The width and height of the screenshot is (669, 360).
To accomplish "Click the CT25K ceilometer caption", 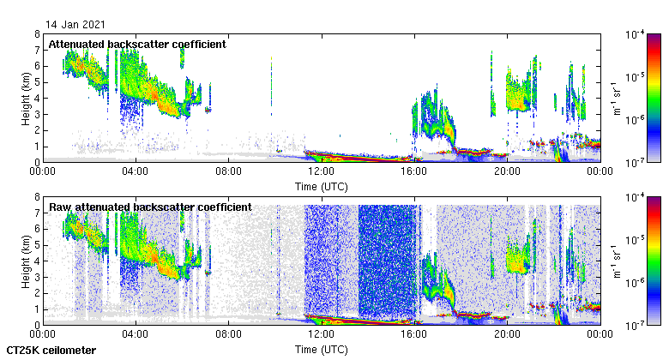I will [x=51, y=350].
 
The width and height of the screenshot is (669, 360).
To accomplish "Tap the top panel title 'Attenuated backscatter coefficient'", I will [x=137, y=45].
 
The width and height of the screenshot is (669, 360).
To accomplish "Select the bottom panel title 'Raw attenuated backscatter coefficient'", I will [x=150, y=207].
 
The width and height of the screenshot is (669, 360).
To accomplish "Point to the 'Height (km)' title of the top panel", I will [x=27, y=98].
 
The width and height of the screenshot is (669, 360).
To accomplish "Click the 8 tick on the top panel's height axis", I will [x=37, y=34].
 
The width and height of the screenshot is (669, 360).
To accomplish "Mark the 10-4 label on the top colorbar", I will [x=636, y=35].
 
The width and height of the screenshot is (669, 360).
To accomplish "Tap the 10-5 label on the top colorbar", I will [x=636, y=77].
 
